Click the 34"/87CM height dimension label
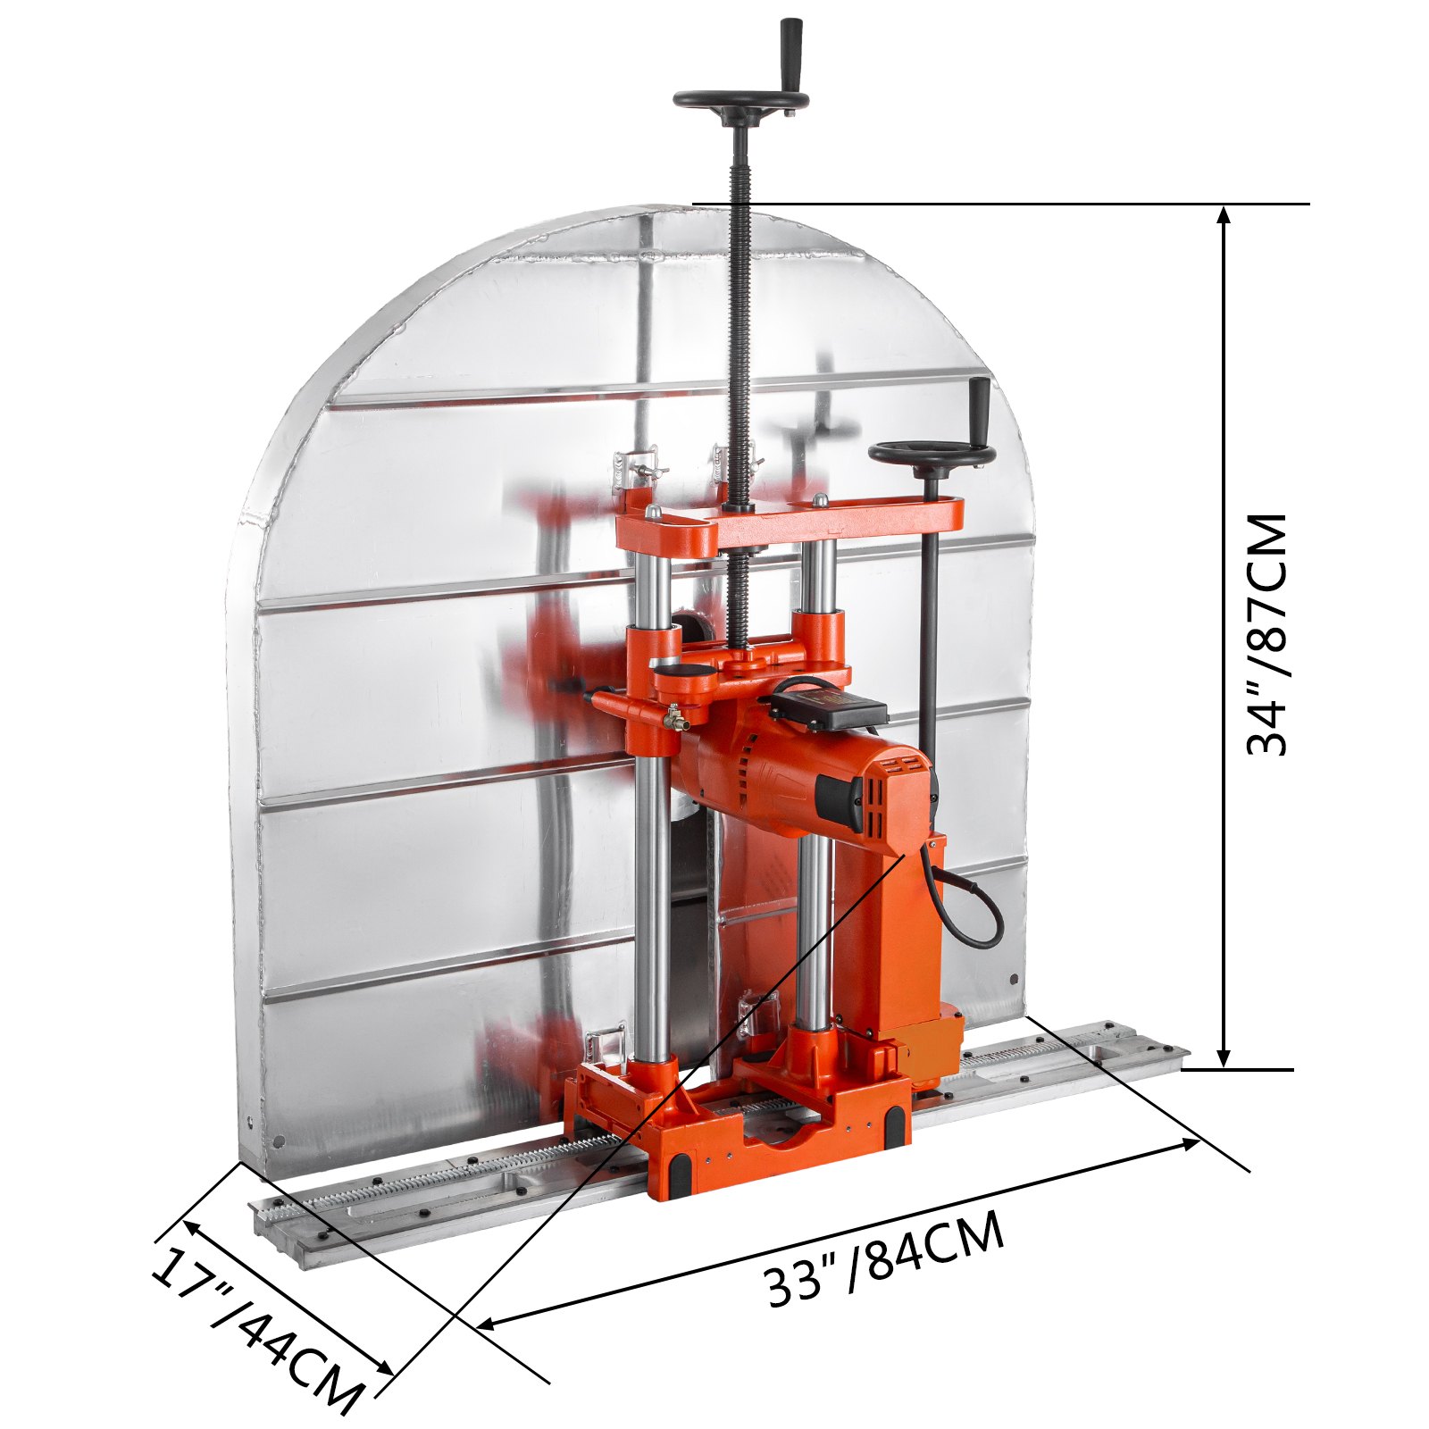tap(1268, 635)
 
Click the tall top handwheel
tap(740, 101)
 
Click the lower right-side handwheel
tap(932, 455)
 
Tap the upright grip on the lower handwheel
tap(980, 407)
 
